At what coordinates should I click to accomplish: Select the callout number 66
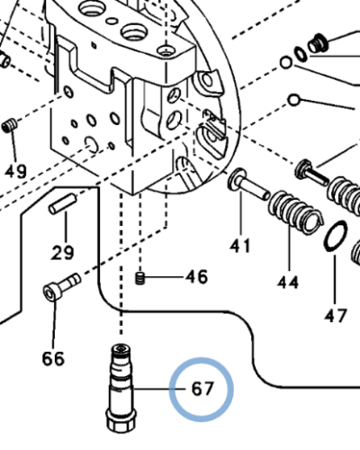click(x=53, y=359)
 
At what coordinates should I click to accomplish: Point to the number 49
click(x=15, y=171)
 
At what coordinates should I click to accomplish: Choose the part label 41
click(x=239, y=244)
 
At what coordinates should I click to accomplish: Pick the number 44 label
click(x=288, y=283)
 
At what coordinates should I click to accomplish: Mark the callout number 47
click(x=336, y=315)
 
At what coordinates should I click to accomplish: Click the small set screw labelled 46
click(x=140, y=280)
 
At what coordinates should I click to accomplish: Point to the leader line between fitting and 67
click(x=157, y=390)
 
